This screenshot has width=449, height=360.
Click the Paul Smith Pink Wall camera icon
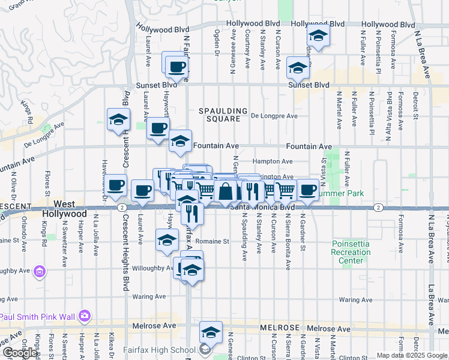85,315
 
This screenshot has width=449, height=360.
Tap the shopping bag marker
226,191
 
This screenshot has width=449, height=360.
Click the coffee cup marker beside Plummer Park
308,190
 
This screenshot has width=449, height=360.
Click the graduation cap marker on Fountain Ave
180,141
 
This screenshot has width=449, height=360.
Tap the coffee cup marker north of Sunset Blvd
176,65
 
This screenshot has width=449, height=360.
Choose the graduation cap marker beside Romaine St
167,240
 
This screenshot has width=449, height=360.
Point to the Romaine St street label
214,241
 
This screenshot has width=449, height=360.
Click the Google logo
20,353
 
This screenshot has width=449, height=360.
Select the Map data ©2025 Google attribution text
412,355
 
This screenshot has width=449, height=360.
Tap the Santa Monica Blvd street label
263,208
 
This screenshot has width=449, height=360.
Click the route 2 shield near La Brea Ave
378,208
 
